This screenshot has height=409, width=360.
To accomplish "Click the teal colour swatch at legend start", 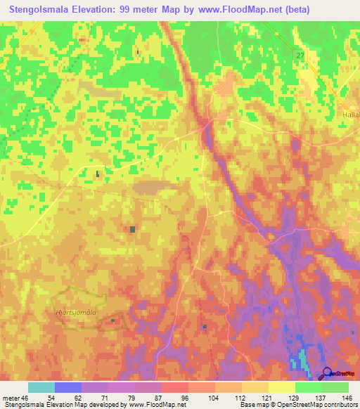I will (41, 387).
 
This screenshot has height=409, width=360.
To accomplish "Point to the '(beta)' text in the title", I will (303, 8).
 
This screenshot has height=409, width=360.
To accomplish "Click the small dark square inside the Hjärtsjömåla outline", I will (113, 320).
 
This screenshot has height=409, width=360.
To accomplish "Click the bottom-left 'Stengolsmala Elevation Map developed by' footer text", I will (60, 405).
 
